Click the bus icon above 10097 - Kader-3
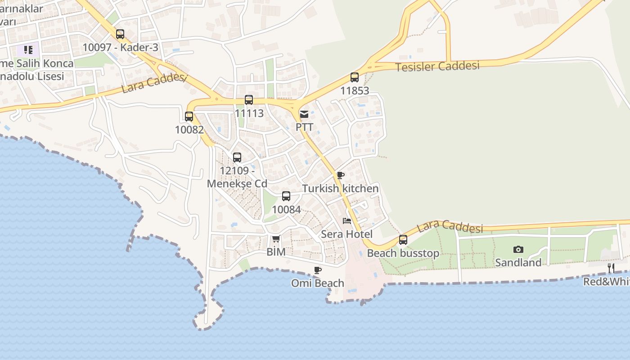point(120,34)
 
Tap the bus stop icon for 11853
point(355,77)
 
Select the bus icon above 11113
point(249,100)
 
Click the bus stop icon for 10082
point(189,117)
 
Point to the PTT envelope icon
point(304,114)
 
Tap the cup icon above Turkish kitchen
point(341,175)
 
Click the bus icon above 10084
point(286,196)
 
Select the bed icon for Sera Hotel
point(346,221)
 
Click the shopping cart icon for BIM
point(276,238)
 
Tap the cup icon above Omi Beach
point(318,270)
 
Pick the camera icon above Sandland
point(518,249)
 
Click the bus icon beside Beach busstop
point(403,240)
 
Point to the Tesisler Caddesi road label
point(437,66)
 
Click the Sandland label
point(518,262)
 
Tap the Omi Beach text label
point(318,283)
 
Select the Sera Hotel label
point(346,234)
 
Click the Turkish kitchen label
point(341,188)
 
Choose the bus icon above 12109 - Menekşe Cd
point(237,157)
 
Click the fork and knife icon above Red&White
point(611,268)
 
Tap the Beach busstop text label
point(403,253)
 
